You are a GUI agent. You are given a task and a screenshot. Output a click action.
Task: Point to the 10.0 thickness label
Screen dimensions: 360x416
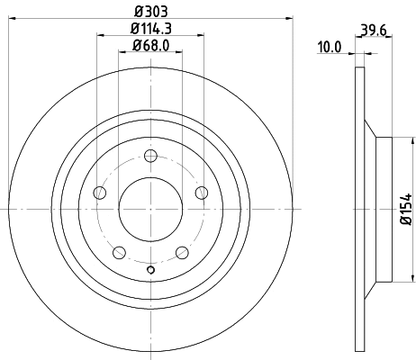(330, 47)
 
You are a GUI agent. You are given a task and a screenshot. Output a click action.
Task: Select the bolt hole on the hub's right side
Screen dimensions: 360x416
(201, 193)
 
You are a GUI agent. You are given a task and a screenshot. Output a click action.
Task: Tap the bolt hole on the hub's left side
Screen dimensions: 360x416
(100, 193)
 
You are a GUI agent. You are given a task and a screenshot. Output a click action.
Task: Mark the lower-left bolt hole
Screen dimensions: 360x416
(119, 252)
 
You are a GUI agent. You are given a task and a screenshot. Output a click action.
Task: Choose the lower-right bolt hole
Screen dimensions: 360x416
(182, 252)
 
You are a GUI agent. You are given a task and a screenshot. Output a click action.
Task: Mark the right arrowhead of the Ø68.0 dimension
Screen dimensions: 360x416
(179, 53)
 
